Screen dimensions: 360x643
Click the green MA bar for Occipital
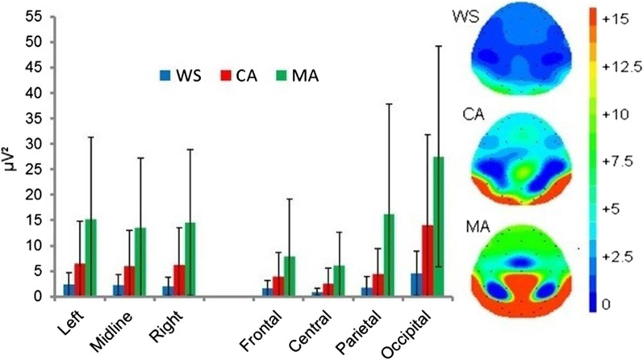click(x=439, y=227)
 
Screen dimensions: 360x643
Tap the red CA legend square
click(x=223, y=76)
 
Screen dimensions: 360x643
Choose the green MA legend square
click(x=283, y=76)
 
